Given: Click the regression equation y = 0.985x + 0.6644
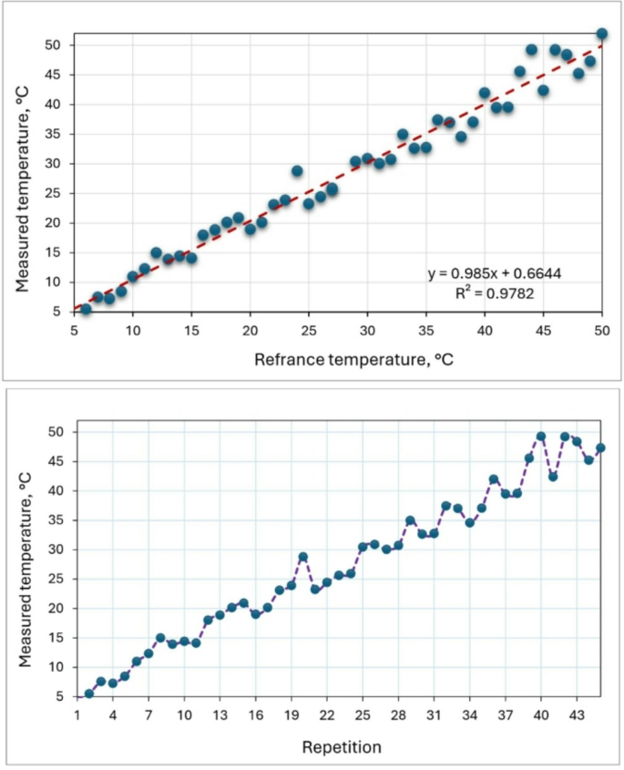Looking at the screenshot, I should click(499, 273).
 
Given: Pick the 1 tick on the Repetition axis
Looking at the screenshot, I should click(77, 716).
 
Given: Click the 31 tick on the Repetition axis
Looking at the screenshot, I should click(434, 716).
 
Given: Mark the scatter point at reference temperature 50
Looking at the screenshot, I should click(601, 34).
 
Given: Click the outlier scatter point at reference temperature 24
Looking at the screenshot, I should click(297, 171).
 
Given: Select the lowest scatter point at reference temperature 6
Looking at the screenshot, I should click(87, 310).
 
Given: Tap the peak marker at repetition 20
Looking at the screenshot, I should click(303, 557).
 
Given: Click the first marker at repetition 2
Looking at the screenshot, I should click(89, 693).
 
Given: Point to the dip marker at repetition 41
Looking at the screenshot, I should click(553, 477).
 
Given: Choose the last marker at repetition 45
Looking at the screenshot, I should click(600, 447).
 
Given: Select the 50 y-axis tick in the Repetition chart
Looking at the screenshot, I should click(57, 432).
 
